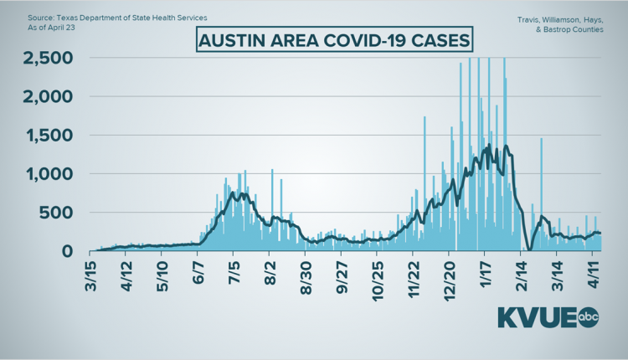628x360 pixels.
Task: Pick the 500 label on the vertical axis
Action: point(60,213)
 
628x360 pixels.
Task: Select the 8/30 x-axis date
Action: point(308,276)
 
